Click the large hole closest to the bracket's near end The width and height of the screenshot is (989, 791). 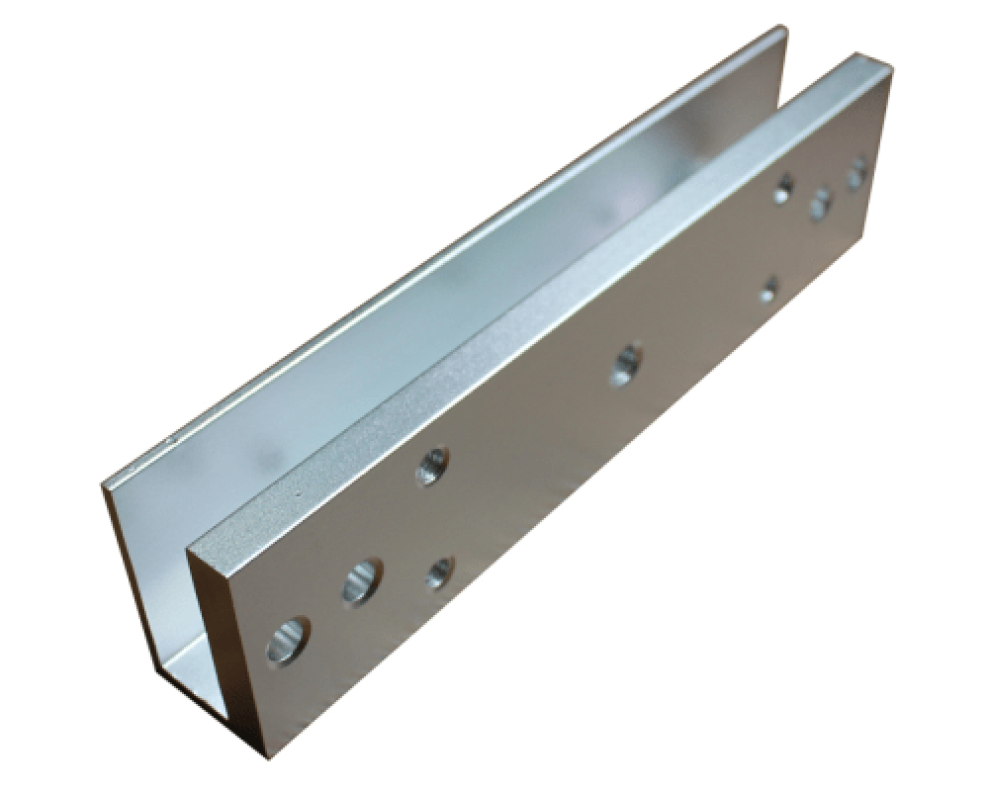click(x=288, y=640)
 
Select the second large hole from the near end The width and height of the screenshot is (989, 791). click(x=362, y=582)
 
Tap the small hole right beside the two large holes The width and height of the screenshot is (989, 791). click(x=438, y=571)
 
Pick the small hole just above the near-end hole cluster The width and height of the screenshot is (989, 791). click(x=432, y=465)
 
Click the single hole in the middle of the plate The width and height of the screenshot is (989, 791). click(x=625, y=364)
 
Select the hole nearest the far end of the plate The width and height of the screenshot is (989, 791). click(x=856, y=173)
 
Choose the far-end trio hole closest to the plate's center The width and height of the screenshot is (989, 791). click(x=783, y=187)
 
